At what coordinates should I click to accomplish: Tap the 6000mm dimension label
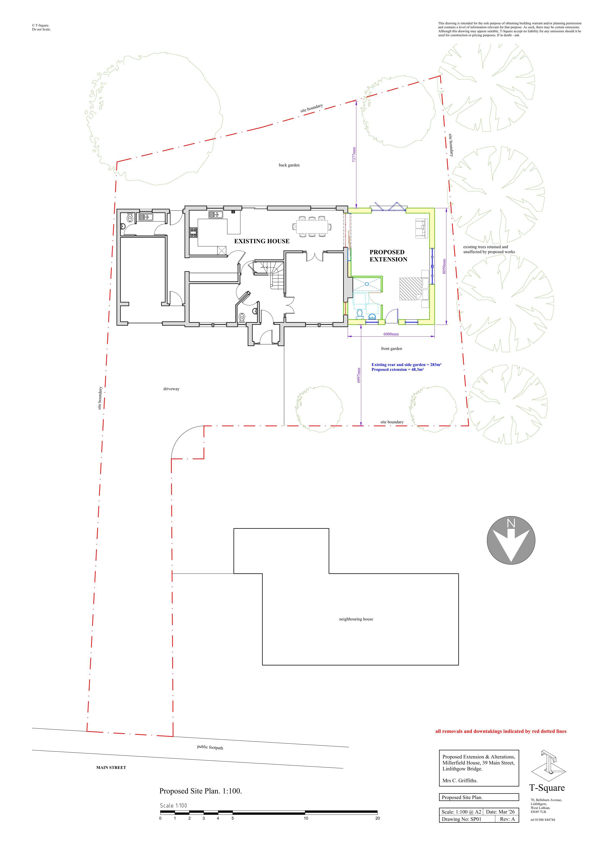point(391,334)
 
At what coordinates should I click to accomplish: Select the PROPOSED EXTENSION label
point(388,256)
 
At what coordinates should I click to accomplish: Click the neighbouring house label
point(356,619)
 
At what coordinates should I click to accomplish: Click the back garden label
point(289,165)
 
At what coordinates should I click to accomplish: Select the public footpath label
point(210,747)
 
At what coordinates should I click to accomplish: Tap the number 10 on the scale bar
point(306,818)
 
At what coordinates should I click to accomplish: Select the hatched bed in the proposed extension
point(411,289)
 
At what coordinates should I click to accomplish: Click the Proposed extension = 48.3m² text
point(397,370)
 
